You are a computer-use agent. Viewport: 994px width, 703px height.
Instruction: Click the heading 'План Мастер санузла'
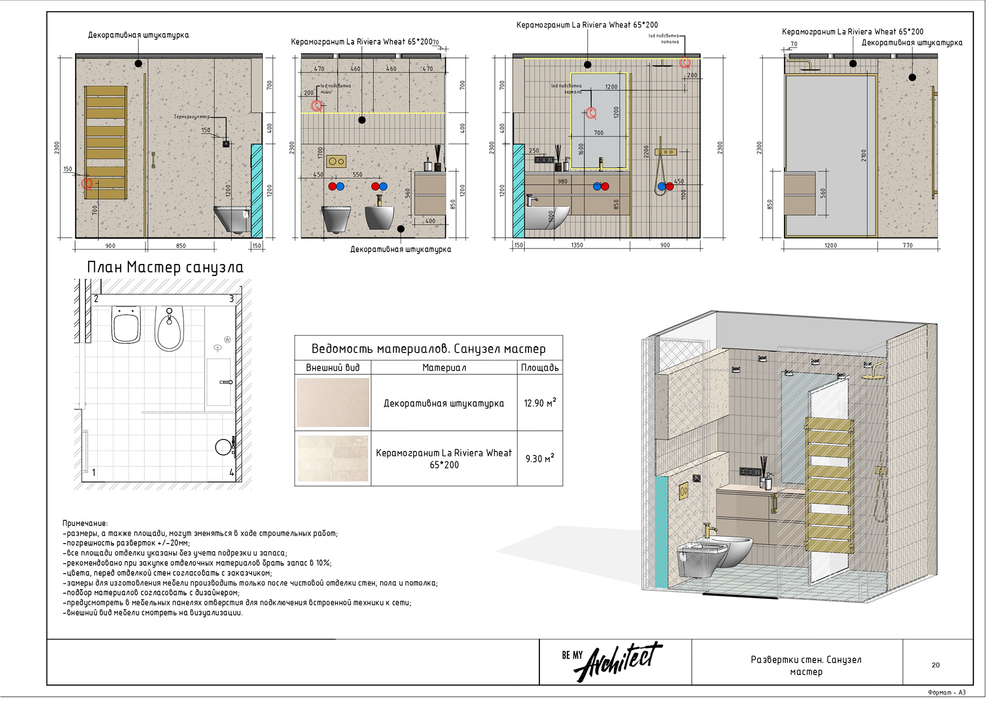pyautogui.click(x=165, y=267)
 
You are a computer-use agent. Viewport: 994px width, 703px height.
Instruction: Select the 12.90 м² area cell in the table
pyautogui.click(x=539, y=403)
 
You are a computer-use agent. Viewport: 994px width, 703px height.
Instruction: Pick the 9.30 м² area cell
pyautogui.click(x=539, y=459)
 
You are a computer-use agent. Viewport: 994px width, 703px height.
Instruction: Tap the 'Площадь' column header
pyautogui.click(x=539, y=368)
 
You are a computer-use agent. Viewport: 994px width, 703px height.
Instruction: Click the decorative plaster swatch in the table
pyautogui.click(x=332, y=402)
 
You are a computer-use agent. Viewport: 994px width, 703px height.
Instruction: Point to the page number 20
pyautogui.click(x=935, y=665)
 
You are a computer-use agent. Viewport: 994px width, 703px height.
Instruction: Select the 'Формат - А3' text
pyautogui.click(x=946, y=693)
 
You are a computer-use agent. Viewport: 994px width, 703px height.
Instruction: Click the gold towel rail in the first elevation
pyautogui.click(x=106, y=142)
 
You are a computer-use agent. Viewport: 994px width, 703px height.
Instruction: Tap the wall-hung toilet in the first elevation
pyautogui.click(x=232, y=219)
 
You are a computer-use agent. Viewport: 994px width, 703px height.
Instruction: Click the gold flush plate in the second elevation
pyautogui.click(x=336, y=162)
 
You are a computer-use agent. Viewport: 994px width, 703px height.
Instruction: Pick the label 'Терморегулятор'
pyautogui.click(x=192, y=117)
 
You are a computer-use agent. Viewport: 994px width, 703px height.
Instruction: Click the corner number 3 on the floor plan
pyautogui.click(x=231, y=299)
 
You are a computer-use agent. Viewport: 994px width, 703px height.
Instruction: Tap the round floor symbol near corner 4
pyautogui.click(x=223, y=447)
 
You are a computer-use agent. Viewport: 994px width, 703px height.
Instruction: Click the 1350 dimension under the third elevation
pyautogui.click(x=576, y=245)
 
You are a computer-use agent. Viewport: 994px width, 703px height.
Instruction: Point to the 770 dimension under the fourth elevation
pyautogui.click(x=908, y=245)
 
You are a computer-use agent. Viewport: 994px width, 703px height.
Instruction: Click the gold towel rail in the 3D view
pyautogui.click(x=828, y=484)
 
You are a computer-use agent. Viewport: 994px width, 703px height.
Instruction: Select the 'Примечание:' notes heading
pyautogui.click(x=85, y=523)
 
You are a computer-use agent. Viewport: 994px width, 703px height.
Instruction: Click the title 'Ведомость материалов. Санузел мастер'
pyautogui.click(x=428, y=349)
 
